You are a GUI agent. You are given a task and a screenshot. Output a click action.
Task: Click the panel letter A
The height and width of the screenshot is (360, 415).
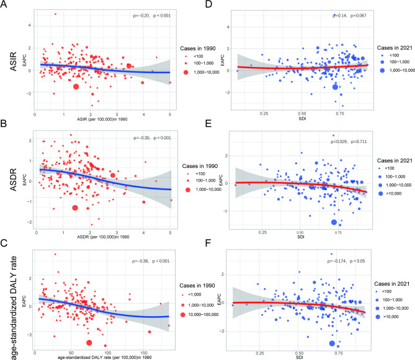4,5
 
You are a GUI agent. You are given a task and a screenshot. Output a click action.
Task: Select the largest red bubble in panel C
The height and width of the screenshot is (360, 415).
89,343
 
